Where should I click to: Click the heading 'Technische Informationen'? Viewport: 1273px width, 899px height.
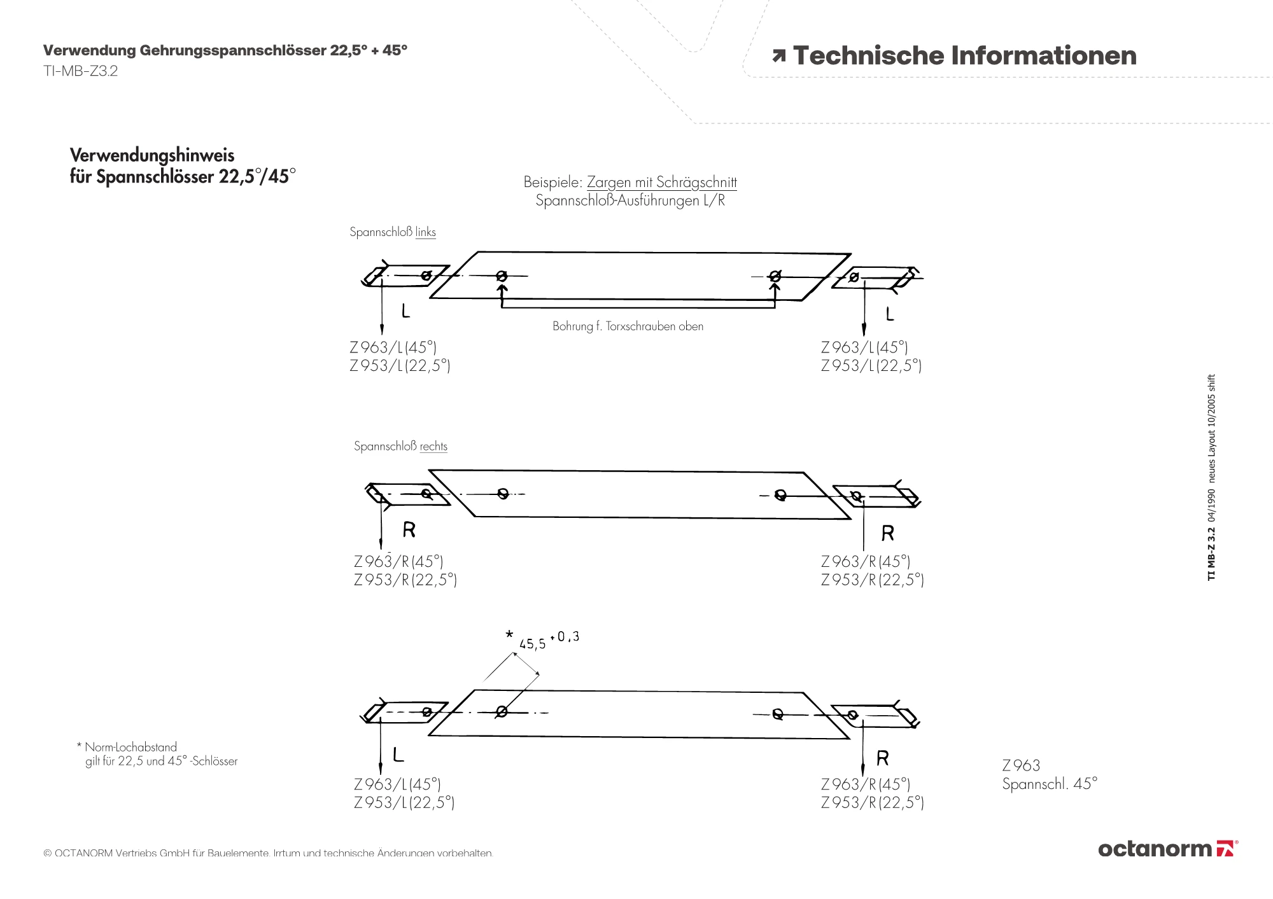point(965,55)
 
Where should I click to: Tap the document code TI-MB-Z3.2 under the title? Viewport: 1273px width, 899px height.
point(80,71)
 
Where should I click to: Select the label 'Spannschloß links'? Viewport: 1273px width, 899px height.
point(393,232)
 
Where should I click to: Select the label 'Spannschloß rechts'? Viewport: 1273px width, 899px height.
point(400,446)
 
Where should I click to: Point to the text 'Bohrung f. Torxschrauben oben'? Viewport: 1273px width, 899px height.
point(628,326)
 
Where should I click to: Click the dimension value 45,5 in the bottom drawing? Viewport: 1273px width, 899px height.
point(532,644)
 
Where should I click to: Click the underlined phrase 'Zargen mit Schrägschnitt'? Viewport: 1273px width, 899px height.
point(662,182)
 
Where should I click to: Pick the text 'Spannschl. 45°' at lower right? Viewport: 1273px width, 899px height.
point(1050,784)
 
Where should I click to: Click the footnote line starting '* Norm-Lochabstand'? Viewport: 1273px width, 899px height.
point(127,747)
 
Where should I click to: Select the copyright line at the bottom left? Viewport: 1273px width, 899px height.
point(268,853)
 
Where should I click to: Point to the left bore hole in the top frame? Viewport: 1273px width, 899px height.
point(502,276)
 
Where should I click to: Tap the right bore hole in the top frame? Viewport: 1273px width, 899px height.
point(775,276)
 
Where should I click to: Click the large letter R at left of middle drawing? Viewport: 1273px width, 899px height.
point(409,529)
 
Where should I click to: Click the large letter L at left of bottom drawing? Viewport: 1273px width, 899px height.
point(398,755)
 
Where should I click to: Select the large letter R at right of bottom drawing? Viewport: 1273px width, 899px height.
point(882,758)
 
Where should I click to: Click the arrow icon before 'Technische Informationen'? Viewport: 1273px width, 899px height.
point(778,56)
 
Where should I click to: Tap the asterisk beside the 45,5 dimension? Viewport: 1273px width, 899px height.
point(509,634)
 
